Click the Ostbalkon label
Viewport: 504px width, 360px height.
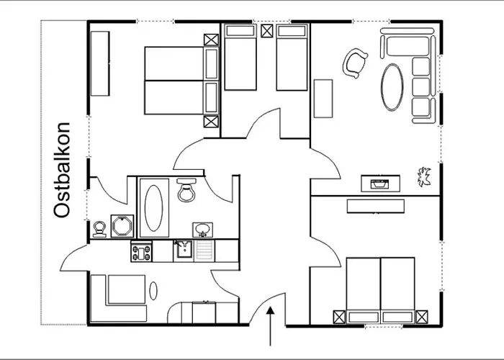[62, 170]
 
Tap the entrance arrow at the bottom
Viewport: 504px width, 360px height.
[270, 326]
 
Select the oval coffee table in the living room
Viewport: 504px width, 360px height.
[392, 87]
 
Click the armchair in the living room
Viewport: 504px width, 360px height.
[355, 63]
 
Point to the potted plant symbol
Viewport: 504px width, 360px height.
[424, 177]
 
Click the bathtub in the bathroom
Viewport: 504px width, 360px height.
[153, 208]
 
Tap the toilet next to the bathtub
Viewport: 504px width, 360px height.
[186, 190]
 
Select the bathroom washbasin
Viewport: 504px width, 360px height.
[202, 230]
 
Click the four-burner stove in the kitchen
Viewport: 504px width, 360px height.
[141, 251]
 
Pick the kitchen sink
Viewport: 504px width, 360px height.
[184, 250]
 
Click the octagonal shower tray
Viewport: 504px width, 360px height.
[122, 226]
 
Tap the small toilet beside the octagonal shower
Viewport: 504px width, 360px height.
[99, 229]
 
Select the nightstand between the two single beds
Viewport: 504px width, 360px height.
[267, 31]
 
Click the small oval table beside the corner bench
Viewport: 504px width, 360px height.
[153, 291]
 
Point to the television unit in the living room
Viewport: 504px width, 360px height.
[380, 184]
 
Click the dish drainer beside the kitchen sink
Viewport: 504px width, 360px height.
[204, 251]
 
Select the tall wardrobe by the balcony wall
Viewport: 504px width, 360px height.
[100, 63]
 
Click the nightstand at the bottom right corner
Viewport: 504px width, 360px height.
[422, 317]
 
